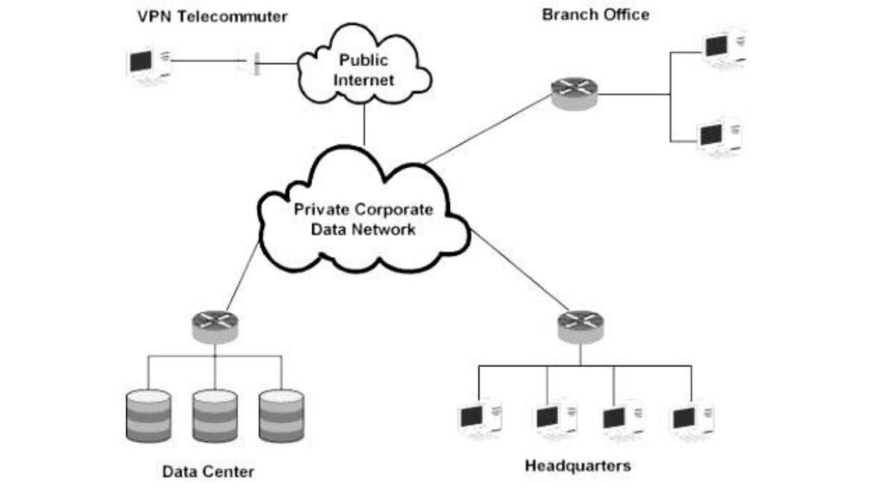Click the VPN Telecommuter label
[x=212, y=16]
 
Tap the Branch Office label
[x=595, y=15]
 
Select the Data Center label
[x=207, y=471]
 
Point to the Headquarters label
[x=577, y=466]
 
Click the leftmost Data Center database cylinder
[x=147, y=415]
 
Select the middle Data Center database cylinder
[x=214, y=415]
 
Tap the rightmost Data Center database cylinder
[x=281, y=415]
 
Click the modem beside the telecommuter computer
[x=256, y=63]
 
